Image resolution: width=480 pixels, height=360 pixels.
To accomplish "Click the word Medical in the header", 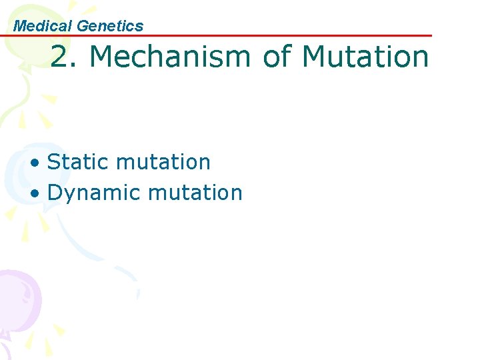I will (43, 26).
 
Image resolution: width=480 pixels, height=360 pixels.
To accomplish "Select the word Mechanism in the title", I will (170, 57).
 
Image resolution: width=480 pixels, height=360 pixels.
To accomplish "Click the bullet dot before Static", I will (40, 163).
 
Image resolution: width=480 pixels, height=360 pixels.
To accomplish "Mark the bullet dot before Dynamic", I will (40, 193).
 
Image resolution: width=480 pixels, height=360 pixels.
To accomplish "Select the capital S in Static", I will (55, 162).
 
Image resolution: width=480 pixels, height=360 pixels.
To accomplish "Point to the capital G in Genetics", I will (83, 26).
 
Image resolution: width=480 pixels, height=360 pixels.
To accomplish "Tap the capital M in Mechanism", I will (101, 57).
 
